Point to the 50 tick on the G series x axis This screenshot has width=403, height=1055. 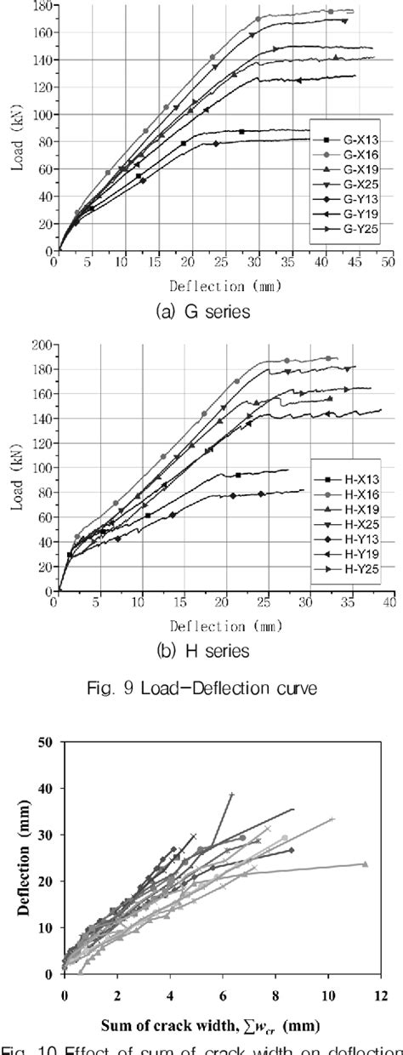(x=387, y=265)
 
